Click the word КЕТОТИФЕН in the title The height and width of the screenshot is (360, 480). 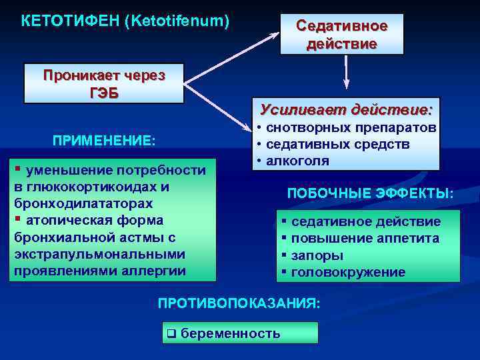[69, 21]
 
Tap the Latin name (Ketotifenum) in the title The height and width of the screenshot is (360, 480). [177, 21]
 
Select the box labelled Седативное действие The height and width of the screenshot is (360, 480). [341, 35]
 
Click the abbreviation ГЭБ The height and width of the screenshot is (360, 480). [104, 91]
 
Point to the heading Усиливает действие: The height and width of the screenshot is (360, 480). [346, 109]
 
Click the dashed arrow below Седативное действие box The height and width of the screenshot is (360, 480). [346, 72]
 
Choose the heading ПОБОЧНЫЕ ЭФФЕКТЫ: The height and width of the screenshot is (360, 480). [370, 193]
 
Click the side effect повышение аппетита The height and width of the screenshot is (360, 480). [365, 238]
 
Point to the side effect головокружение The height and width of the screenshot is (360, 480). [349, 272]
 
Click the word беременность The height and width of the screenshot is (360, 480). [231, 333]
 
